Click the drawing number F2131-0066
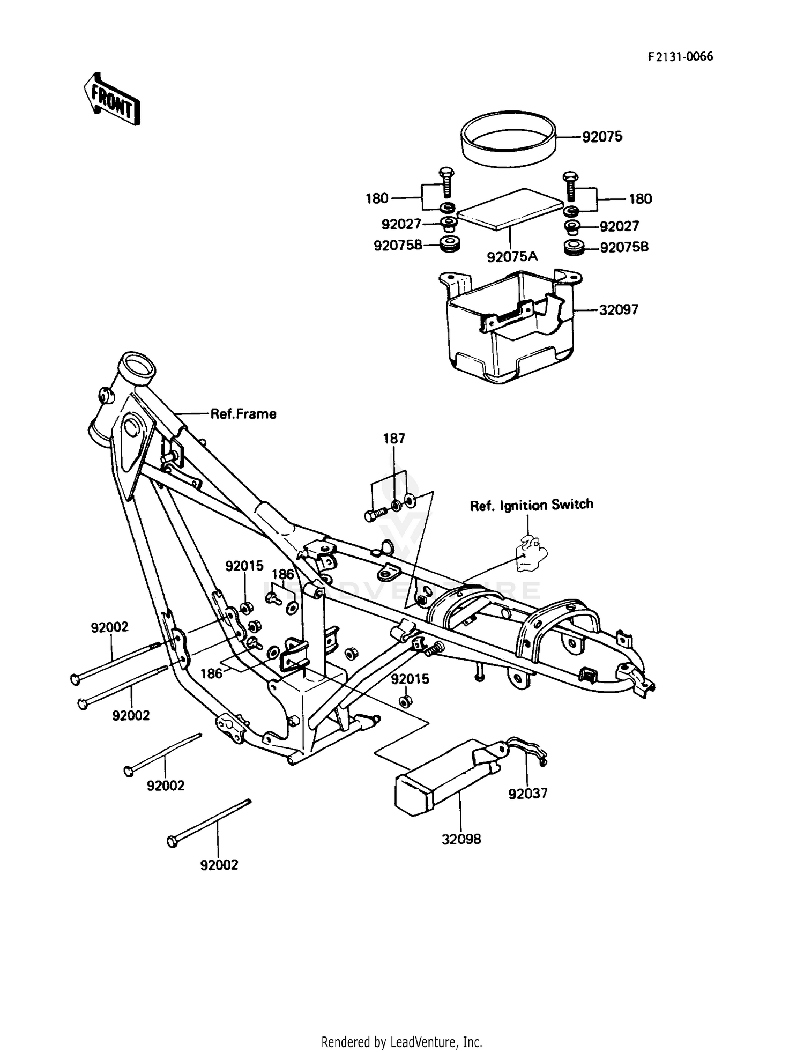click(x=681, y=57)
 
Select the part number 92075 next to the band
click(x=602, y=137)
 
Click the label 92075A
click(x=512, y=257)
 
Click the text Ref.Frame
click(x=243, y=414)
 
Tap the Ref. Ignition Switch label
click(x=531, y=505)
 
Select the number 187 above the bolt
click(x=394, y=439)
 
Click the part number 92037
click(x=528, y=794)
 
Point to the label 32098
click(x=461, y=840)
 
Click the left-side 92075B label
click(x=398, y=246)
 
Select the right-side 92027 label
click(x=619, y=226)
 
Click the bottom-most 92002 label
click(x=219, y=865)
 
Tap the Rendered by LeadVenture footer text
click(x=401, y=1042)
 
